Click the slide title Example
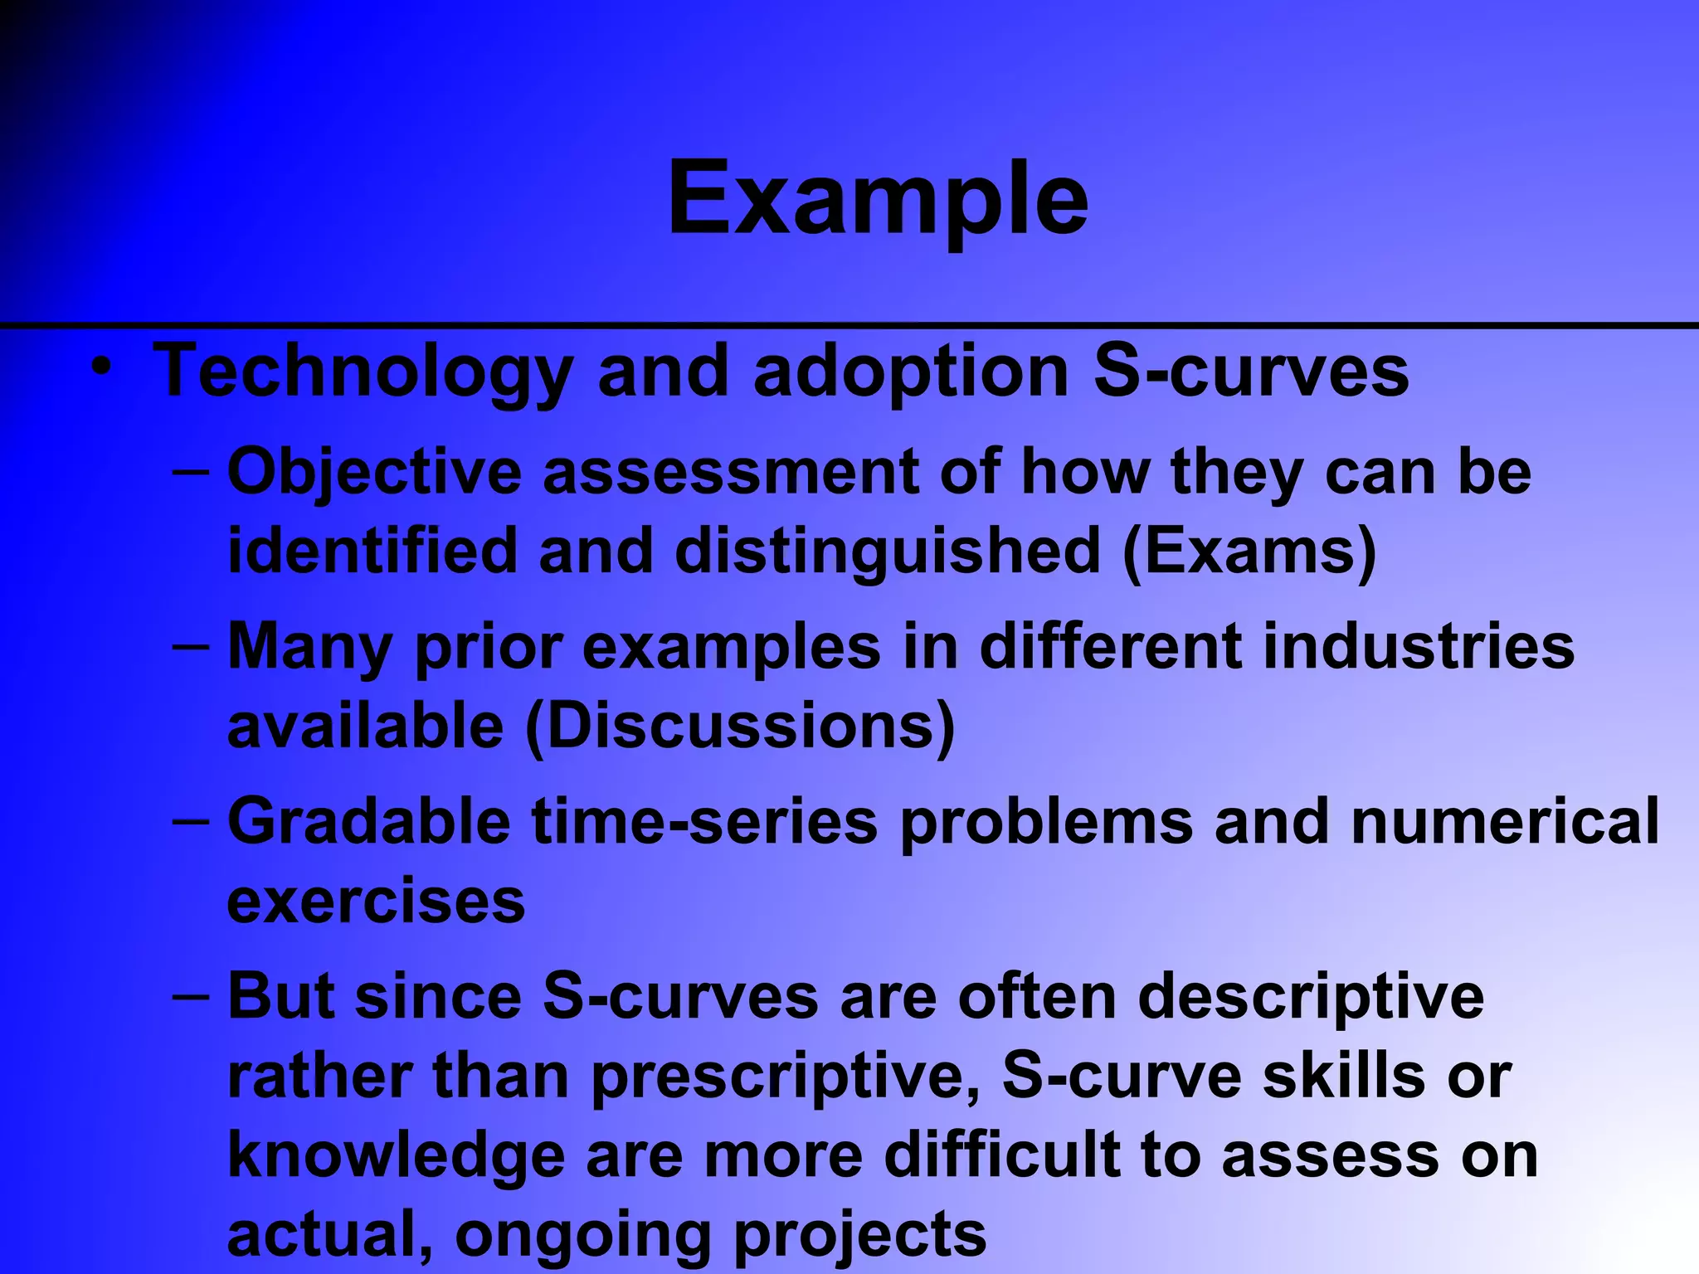878,199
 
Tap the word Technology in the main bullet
363,373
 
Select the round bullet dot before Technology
101,366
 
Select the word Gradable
368,821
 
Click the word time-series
704,821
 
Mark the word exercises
376,902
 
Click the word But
281,996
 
